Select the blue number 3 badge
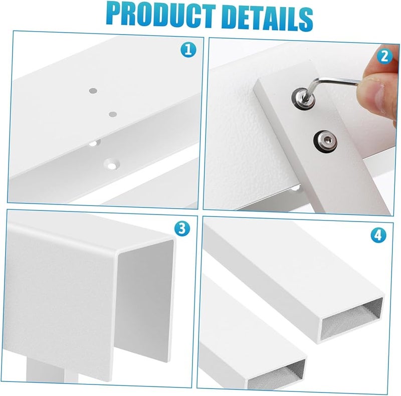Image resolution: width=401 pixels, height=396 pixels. pyautogui.click(x=182, y=229)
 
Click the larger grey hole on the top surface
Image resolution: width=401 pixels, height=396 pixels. pyautogui.click(x=93, y=91)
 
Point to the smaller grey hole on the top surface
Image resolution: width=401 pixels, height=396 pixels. pyautogui.click(x=112, y=114)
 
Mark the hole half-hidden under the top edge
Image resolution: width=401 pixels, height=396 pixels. pyautogui.click(x=93, y=143)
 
